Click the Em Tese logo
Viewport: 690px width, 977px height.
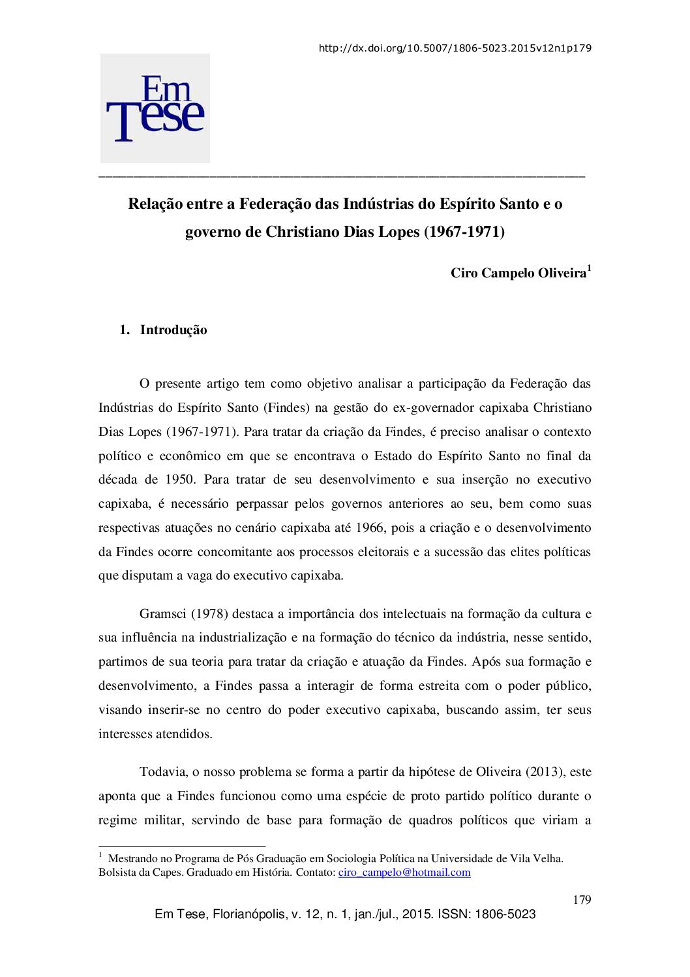pos(155,108)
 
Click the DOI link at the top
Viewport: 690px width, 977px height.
pos(455,48)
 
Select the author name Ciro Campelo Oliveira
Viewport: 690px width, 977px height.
pos(518,273)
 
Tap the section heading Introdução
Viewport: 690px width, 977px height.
pos(173,330)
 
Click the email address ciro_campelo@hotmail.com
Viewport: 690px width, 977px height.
pos(404,873)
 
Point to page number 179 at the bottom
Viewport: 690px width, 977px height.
pos(582,900)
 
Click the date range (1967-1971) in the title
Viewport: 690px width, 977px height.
pos(464,232)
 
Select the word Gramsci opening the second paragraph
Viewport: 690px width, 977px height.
pos(162,614)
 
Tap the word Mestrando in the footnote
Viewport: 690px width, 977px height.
pos(133,859)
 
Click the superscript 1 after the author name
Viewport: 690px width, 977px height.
pos(589,268)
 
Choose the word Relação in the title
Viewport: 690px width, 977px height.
pos(155,204)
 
